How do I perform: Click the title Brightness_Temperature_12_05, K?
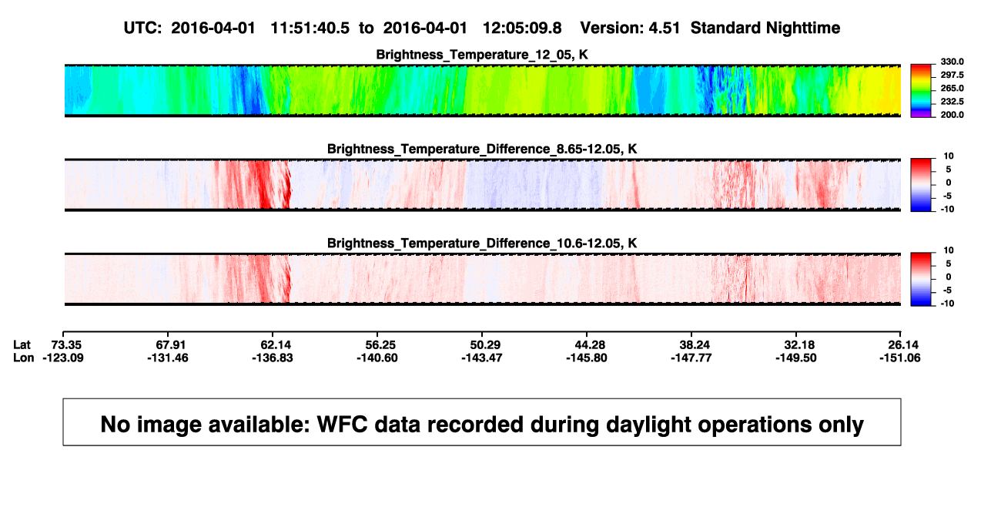[x=482, y=55]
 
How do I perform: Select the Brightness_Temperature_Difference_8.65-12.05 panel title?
[x=482, y=149]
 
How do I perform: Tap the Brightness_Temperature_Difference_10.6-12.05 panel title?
[x=482, y=244]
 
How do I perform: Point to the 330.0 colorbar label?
[x=952, y=62]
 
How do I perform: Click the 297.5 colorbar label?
[x=952, y=75]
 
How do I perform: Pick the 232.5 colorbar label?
[x=952, y=102]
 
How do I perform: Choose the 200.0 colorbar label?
[x=952, y=115]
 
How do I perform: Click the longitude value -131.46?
[x=168, y=358]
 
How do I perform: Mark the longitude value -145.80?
[x=586, y=358]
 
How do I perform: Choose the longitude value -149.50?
[x=796, y=358]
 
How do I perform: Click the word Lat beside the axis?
[x=22, y=345]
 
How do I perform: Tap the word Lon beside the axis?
[x=24, y=358]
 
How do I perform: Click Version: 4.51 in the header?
[x=630, y=29]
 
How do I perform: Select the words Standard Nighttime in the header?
[x=765, y=29]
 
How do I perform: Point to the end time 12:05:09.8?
[x=522, y=29]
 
